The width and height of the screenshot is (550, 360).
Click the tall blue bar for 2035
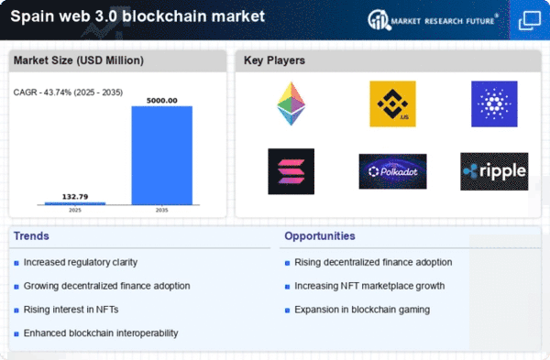pos(161,155)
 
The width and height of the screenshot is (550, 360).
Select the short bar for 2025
pos(75,202)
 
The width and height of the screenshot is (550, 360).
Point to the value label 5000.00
pos(161,100)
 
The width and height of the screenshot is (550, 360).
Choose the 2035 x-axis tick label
pos(161,211)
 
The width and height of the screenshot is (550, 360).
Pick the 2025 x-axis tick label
pos(75,211)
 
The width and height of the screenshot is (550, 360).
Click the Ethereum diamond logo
pos(291,104)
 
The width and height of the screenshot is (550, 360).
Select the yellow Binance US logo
pos(392,104)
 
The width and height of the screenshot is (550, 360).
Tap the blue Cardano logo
pos(494,104)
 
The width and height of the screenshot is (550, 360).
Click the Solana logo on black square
pos(291,171)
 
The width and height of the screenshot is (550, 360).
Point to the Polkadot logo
pos(392,171)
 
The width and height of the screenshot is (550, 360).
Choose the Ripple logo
pos(494,171)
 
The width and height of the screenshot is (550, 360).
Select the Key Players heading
pos(274,61)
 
